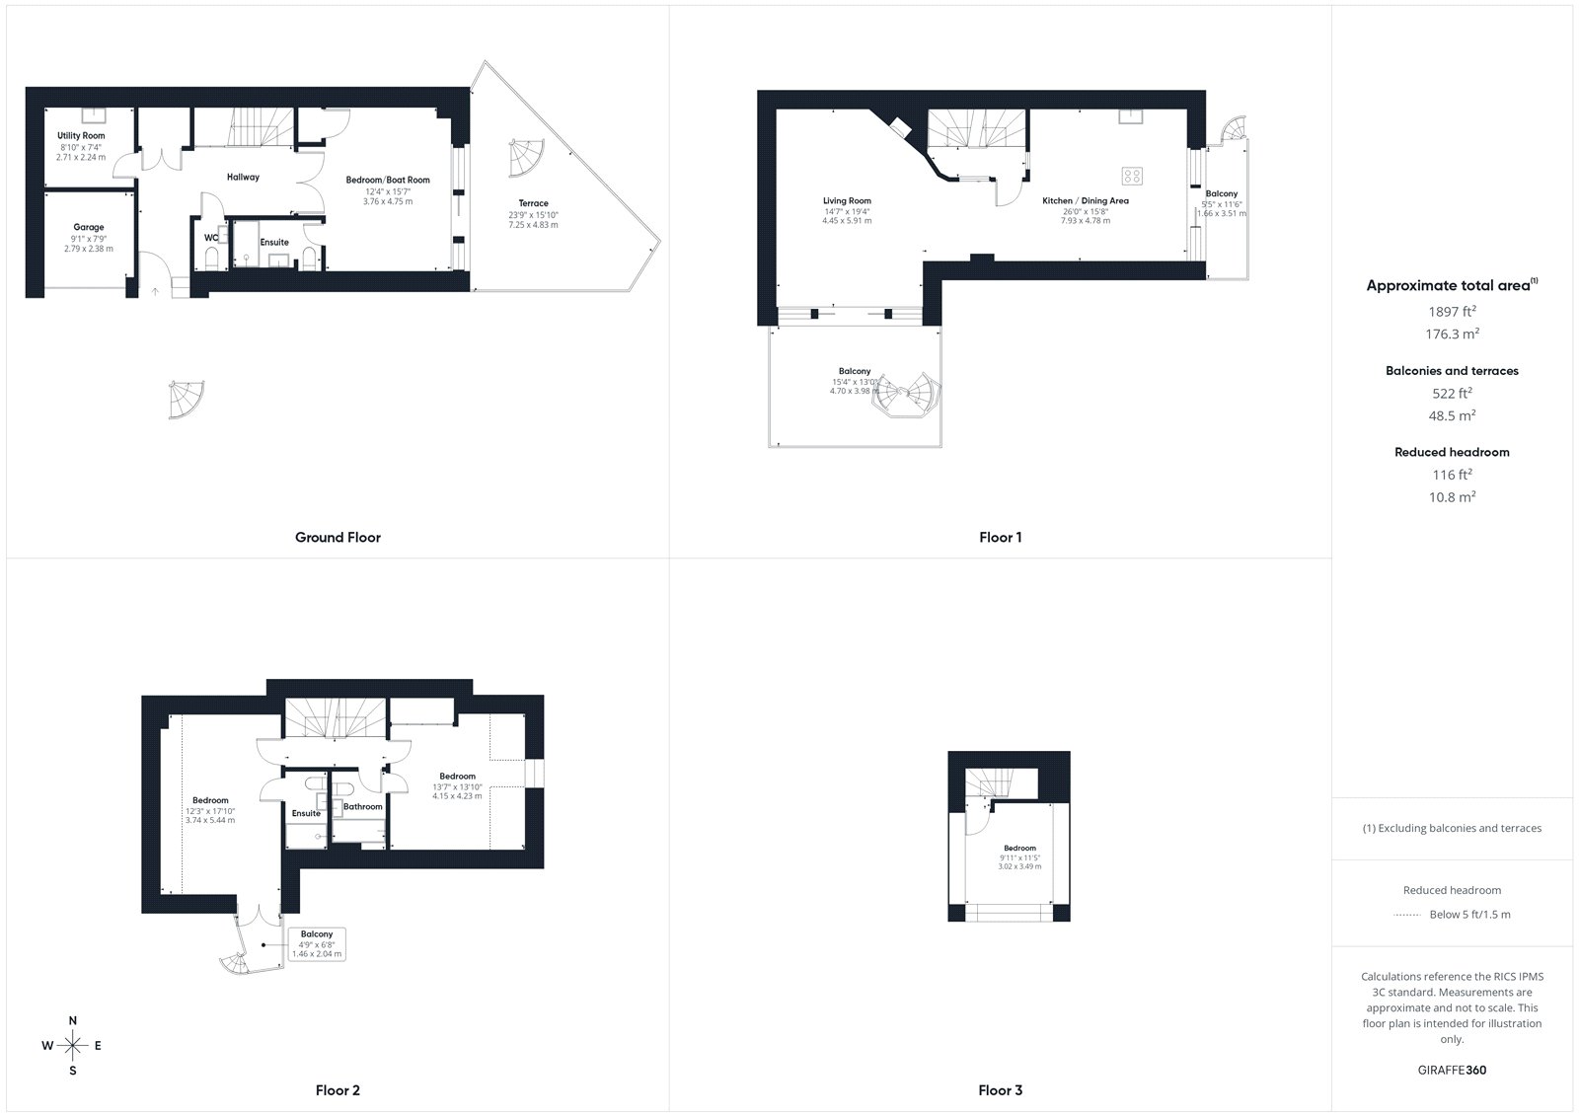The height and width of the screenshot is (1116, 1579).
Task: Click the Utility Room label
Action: click(81, 135)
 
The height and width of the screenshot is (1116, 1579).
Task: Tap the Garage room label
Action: click(89, 227)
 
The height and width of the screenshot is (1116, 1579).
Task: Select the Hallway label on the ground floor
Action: click(243, 177)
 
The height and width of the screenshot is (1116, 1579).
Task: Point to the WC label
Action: click(211, 238)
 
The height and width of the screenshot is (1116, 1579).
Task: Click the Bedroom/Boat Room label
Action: click(388, 180)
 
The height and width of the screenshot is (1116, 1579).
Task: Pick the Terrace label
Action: click(534, 203)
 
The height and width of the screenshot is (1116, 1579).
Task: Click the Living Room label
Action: click(848, 201)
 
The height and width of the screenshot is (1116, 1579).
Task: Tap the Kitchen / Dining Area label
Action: click(1086, 201)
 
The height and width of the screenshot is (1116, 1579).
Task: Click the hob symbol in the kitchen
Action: click(1132, 176)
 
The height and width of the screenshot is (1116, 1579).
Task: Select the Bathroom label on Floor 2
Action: click(363, 806)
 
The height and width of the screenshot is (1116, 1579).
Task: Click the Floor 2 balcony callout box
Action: click(317, 944)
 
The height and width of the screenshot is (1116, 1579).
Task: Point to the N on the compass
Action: click(73, 1021)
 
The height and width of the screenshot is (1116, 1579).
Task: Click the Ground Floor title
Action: click(338, 537)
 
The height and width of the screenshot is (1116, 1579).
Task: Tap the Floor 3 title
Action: click(1001, 1090)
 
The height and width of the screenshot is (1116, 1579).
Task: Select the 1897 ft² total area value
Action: click(1452, 311)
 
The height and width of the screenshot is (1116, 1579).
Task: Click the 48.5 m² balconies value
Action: click(1452, 415)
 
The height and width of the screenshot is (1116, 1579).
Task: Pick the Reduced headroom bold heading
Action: click(1452, 452)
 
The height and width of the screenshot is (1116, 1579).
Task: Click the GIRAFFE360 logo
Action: click(1452, 1070)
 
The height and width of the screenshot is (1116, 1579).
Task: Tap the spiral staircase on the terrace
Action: click(527, 158)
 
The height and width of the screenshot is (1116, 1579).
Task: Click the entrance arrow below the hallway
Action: click(156, 290)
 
